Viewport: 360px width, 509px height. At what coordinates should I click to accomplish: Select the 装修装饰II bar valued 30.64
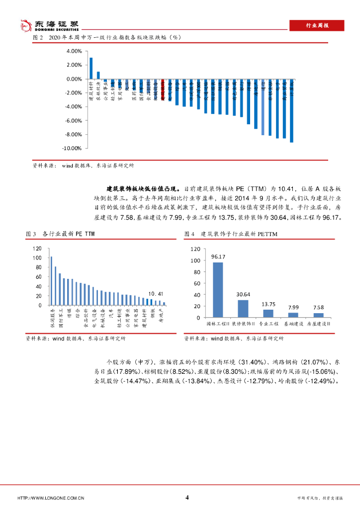click(x=243, y=308)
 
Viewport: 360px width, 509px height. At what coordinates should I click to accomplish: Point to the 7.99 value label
click(x=293, y=307)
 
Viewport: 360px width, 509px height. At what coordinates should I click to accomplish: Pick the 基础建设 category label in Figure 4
click(x=293, y=324)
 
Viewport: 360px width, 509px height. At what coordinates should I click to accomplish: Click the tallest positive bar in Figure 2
click(x=91, y=68)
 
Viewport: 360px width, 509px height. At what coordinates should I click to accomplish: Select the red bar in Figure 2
click(x=163, y=85)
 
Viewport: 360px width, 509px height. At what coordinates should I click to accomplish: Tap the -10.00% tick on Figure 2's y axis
click(x=72, y=148)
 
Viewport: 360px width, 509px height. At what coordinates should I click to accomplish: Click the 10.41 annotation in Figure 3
click(x=156, y=294)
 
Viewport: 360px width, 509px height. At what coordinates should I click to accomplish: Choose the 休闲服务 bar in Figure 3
click(x=51, y=281)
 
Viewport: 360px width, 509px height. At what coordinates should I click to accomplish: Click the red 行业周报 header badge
click(x=316, y=26)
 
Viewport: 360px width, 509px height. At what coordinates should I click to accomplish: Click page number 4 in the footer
click(x=186, y=498)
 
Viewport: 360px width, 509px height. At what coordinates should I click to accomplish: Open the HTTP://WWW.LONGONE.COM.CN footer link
click(x=50, y=498)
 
